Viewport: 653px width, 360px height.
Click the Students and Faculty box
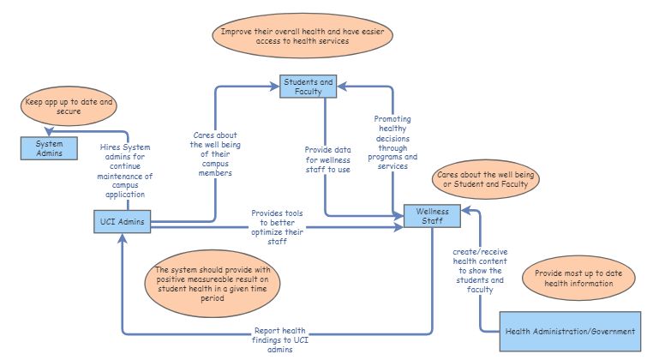pos(308,86)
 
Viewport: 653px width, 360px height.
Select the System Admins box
pos(50,148)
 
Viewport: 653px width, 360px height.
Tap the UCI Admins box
pos(121,222)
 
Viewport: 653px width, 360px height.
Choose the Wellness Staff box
pos(432,217)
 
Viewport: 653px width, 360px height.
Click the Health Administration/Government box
pos(570,332)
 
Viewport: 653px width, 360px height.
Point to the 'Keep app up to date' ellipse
pos(70,107)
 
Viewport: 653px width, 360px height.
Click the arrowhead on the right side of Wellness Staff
pos(465,210)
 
